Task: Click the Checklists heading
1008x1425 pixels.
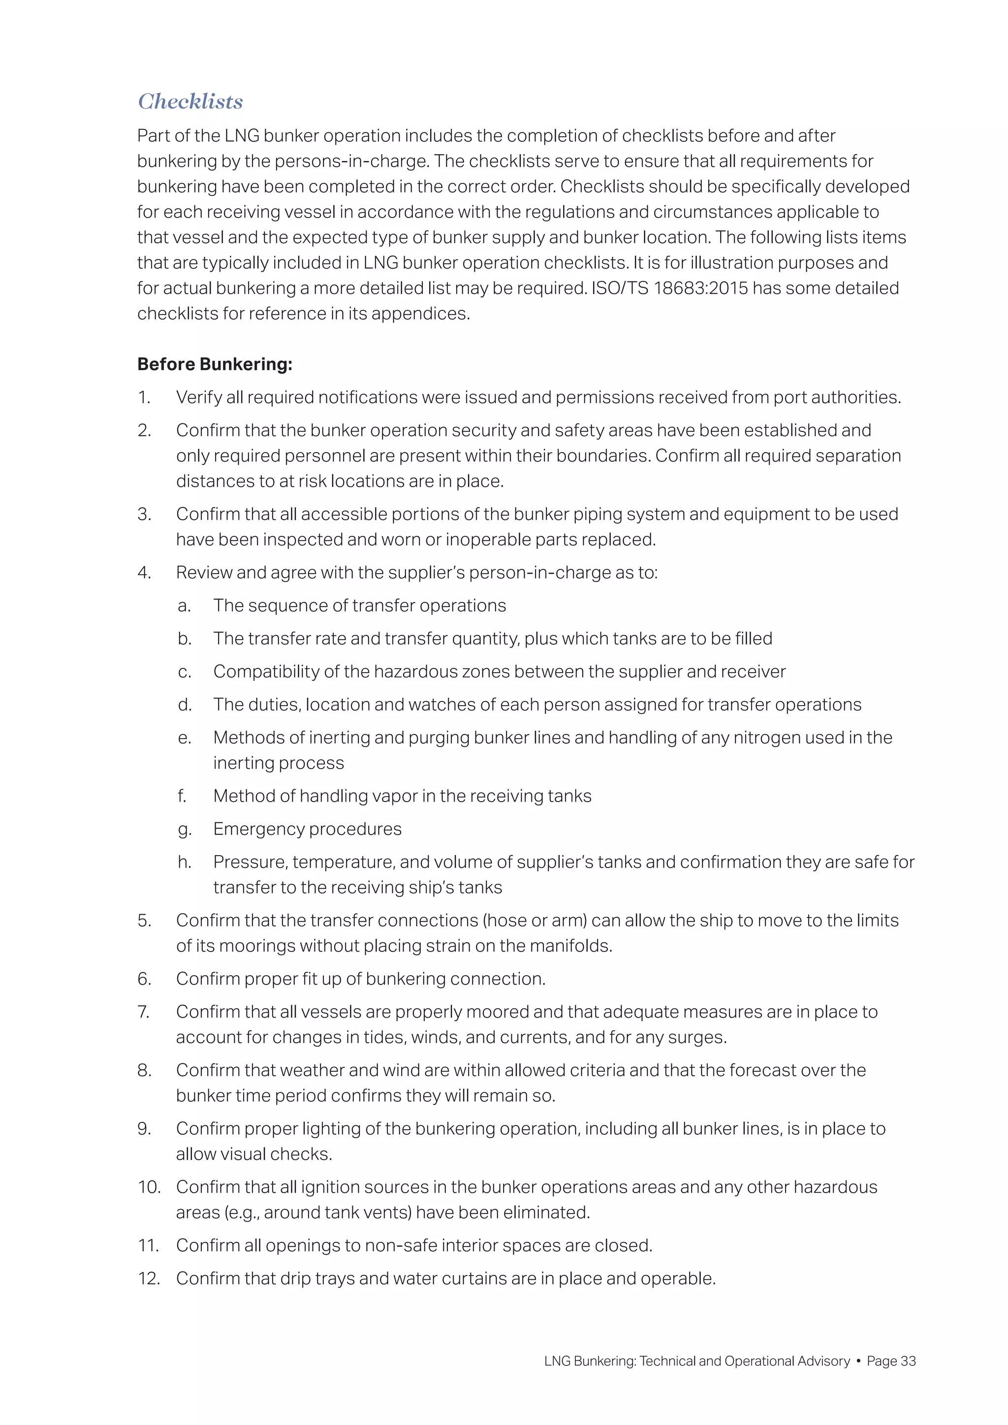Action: pyautogui.click(x=190, y=101)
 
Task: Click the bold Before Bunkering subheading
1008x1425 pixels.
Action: pyautogui.click(x=214, y=364)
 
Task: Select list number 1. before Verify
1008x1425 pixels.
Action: pyautogui.click(x=144, y=397)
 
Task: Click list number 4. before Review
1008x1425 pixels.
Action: pyautogui.click(x=144, y=572)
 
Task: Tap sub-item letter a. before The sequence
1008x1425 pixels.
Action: pyautogui.click(x=184, y=606)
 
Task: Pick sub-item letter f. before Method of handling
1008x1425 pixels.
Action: pyautogui.click(x=182, y=796)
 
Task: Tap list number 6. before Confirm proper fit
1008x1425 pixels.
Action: pyautogui.click(x=144, y=979)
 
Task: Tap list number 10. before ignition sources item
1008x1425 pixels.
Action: pyautogui.click(x=149, y=1187)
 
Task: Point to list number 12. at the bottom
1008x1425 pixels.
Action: pyautogui.click(x=149, y=1278)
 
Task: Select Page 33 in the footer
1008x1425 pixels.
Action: pyautogui.click(x=891, y=1361)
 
